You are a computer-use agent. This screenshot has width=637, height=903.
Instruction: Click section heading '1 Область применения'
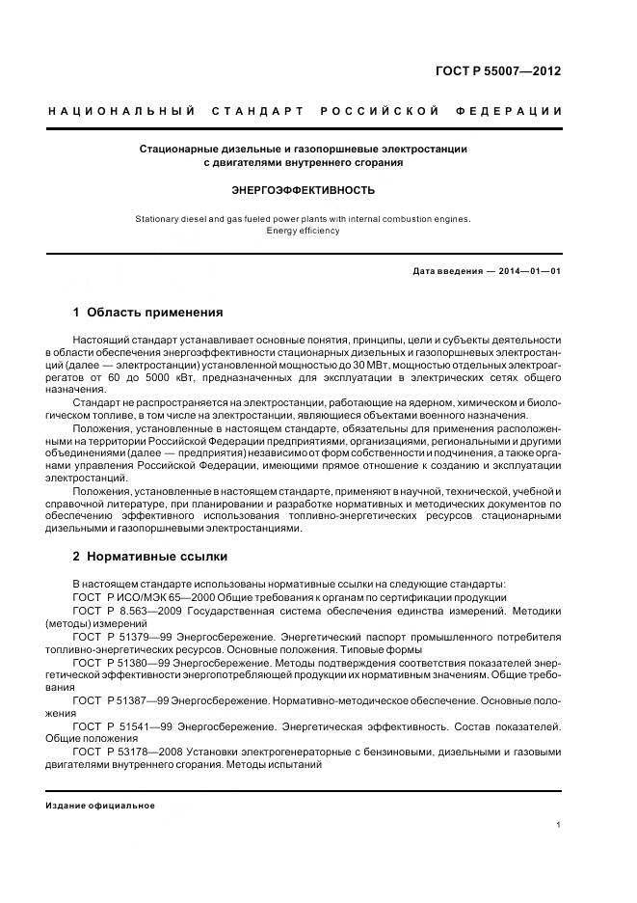[148, 313]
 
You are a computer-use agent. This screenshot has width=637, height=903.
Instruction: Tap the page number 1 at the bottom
[559, 825]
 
